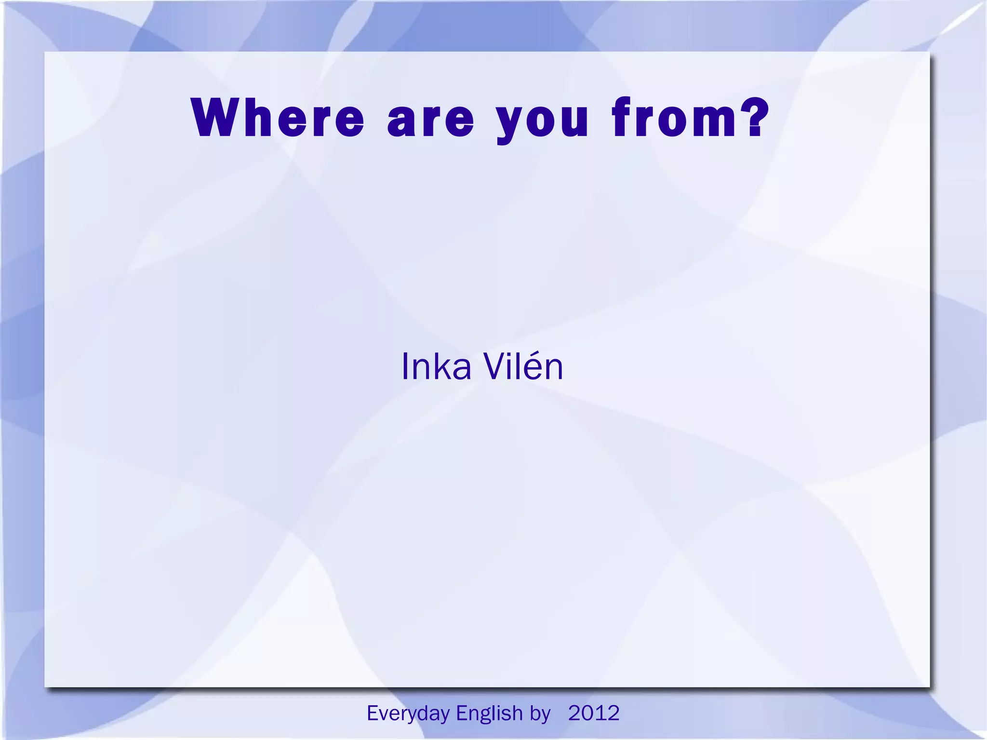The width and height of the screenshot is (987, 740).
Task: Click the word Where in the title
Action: point(278,118)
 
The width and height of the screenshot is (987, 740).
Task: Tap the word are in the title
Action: point(430,119)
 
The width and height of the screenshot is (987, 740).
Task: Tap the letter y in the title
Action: point(510,122)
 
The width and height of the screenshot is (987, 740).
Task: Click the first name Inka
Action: point(436,367)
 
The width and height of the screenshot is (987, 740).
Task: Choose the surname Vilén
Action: point(523,367)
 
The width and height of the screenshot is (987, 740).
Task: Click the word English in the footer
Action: point(489,713)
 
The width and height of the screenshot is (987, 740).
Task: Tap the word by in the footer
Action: point(540,713)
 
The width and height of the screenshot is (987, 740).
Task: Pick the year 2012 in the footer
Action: point(594,713)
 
